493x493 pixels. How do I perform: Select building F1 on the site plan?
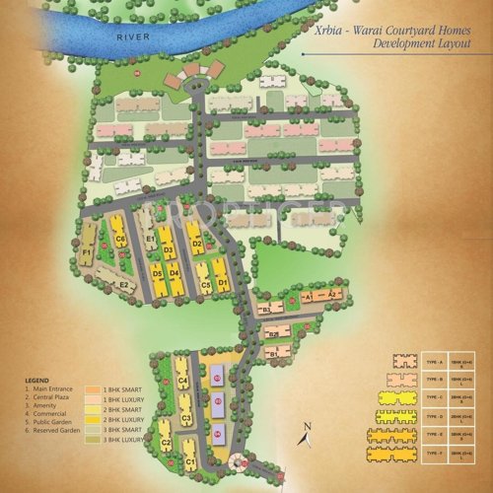point(87,253)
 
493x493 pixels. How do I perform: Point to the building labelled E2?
point(124,285)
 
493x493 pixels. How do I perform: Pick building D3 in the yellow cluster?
point(168,250)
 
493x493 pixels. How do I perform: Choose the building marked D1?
point(222,284)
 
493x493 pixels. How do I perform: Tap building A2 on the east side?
point(333,295)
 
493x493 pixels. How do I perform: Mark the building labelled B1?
point(266,310)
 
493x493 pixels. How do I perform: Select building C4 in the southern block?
point(183,381)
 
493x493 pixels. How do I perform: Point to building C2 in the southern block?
point(165,444)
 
